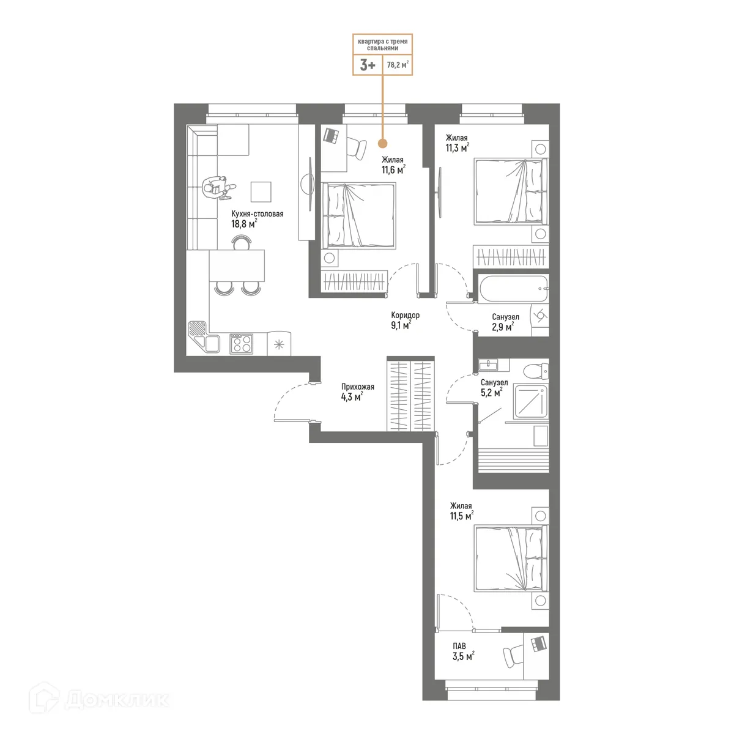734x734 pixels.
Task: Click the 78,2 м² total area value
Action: coord(398,64)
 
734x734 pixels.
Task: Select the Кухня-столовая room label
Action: coord(257,214)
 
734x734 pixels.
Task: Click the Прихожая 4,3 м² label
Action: coord(357,391)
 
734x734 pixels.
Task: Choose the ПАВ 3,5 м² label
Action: coord(462,651)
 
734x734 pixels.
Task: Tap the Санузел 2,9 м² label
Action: coord(505,322)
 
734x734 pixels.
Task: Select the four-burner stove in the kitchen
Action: coord(241,343)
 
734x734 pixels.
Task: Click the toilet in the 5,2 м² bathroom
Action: coord(537,371)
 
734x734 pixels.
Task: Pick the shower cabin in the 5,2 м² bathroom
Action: coord(530,401)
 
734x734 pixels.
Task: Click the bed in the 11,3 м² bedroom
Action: coord(511,191)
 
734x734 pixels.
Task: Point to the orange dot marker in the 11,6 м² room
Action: coord(382,144)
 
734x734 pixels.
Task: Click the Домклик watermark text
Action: coord(116,699)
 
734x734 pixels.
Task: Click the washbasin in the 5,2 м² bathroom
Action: coord(489,365)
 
